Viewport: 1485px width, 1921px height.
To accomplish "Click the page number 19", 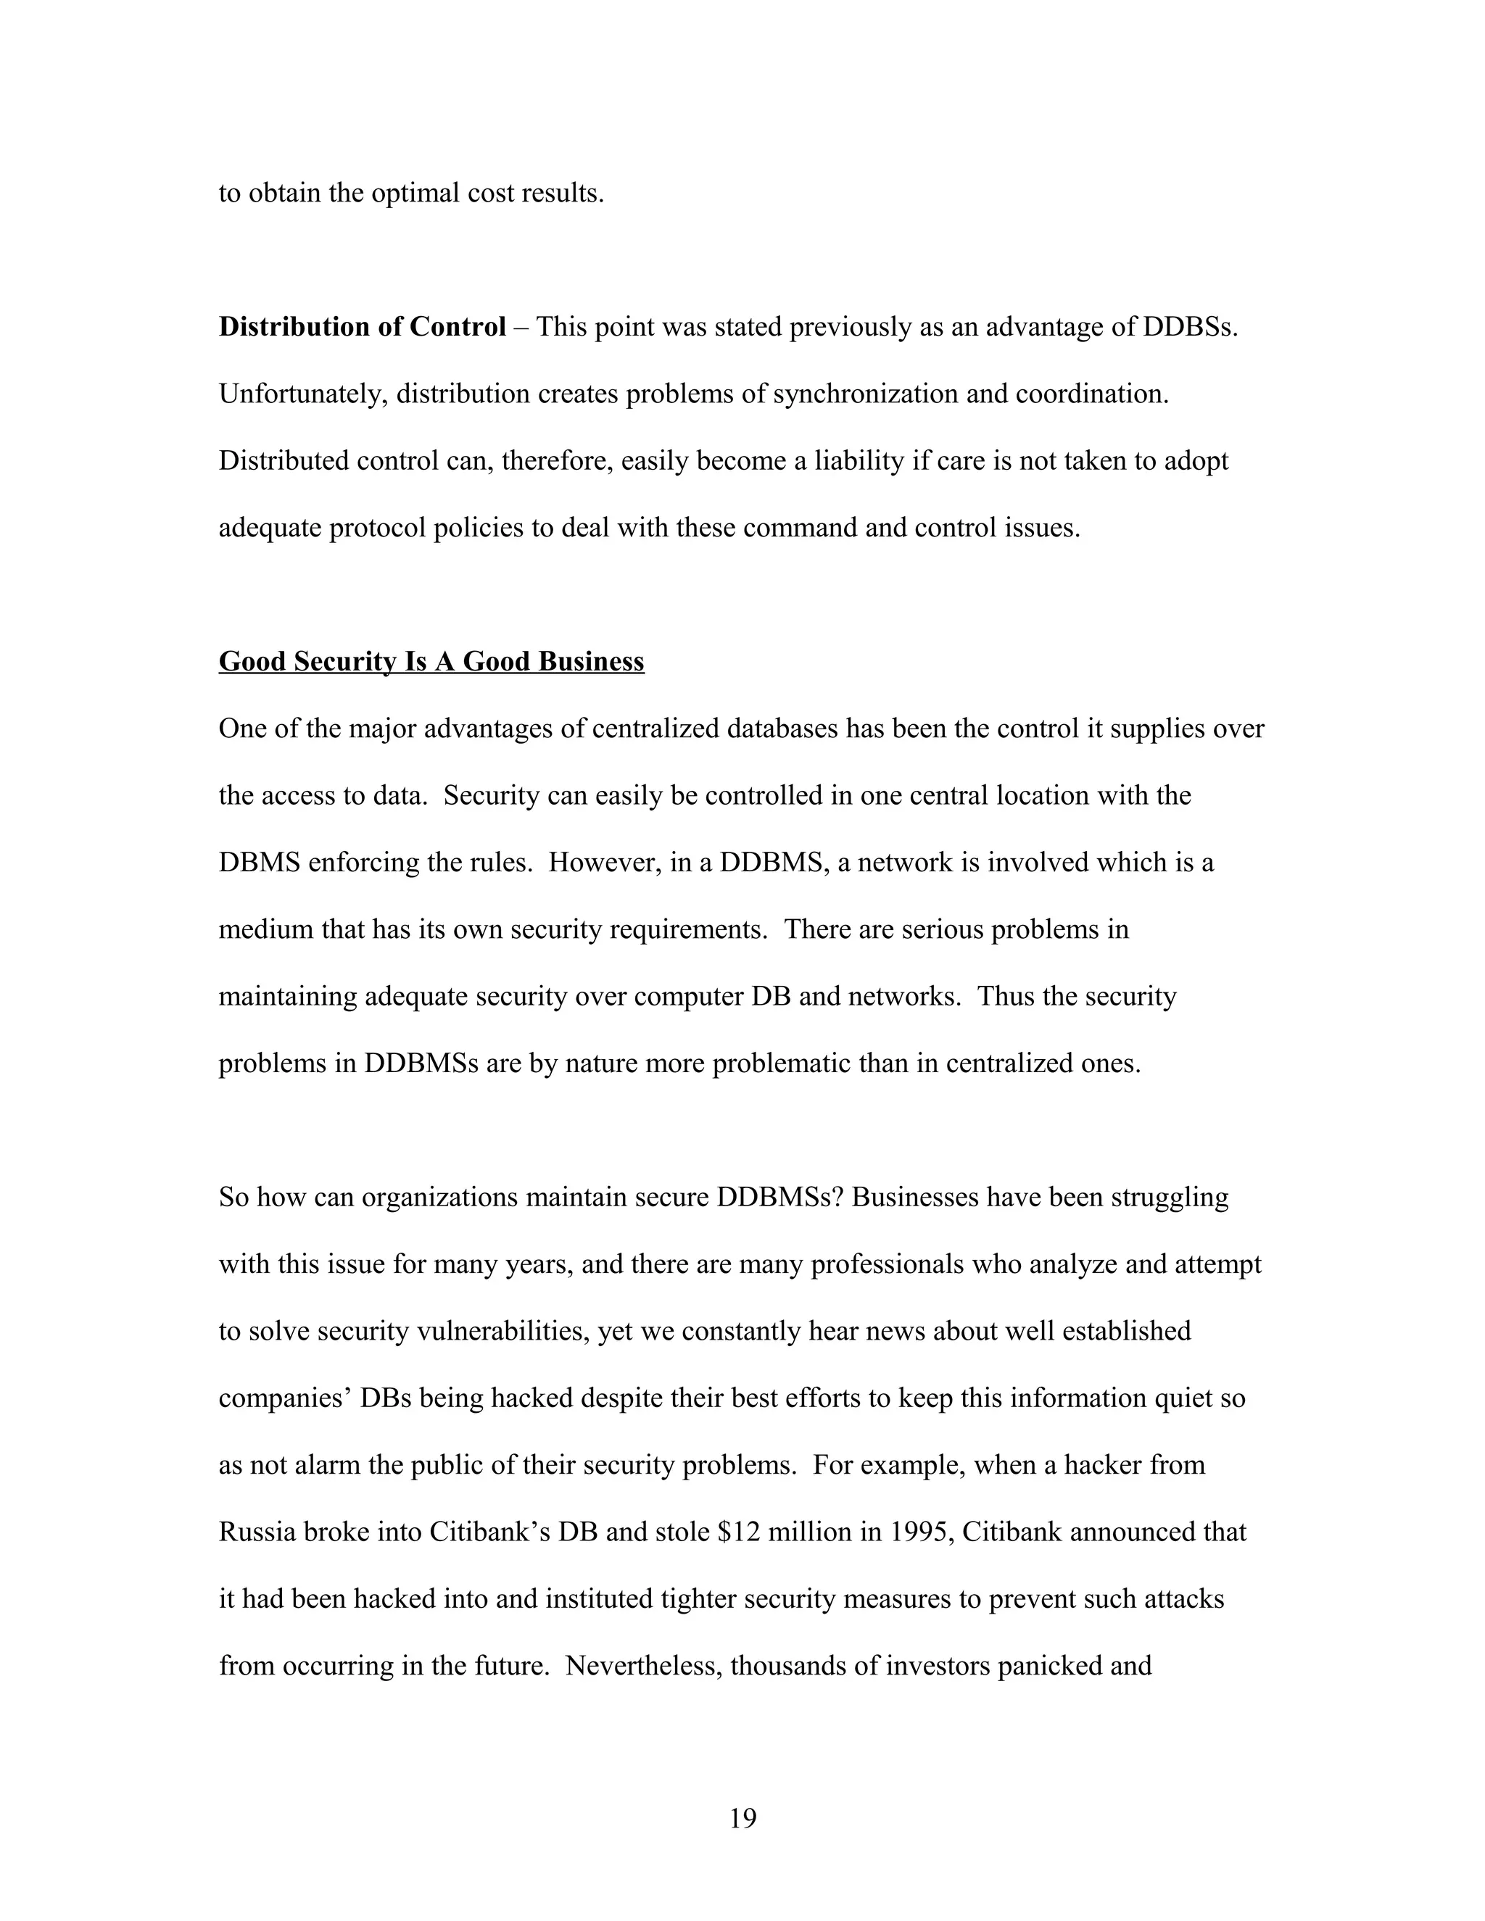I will tap(742, 1818).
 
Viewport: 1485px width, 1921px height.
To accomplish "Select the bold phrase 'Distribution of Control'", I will tap(363, 327).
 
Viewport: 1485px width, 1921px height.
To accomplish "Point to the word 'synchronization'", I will tap(866, 394).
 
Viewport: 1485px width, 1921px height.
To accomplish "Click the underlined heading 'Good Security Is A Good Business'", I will tap(431, 661).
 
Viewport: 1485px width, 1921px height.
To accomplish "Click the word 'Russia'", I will tap(257, 1533).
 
